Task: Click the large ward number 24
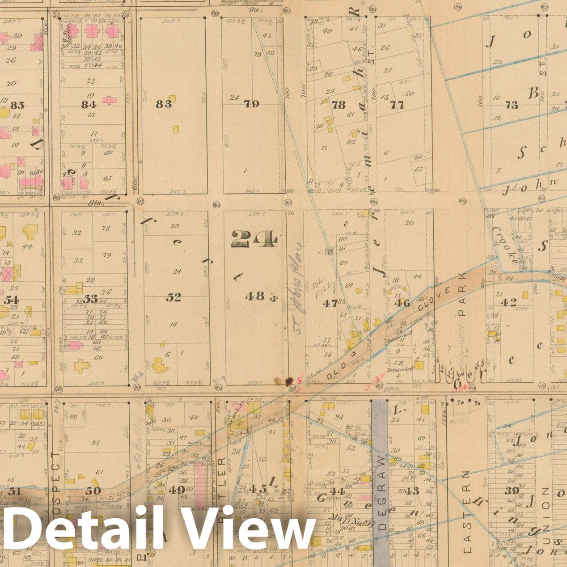[x=254, y=239]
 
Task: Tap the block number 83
[x=164, y=104]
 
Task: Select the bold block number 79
[x=251, y=104]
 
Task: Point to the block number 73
[x=511, y=105]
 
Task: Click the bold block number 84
[x=89, y=105]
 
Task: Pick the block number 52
[x=173, y=297]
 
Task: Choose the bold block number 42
[x=508, y=303]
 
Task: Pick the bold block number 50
[x=93, y=491]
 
